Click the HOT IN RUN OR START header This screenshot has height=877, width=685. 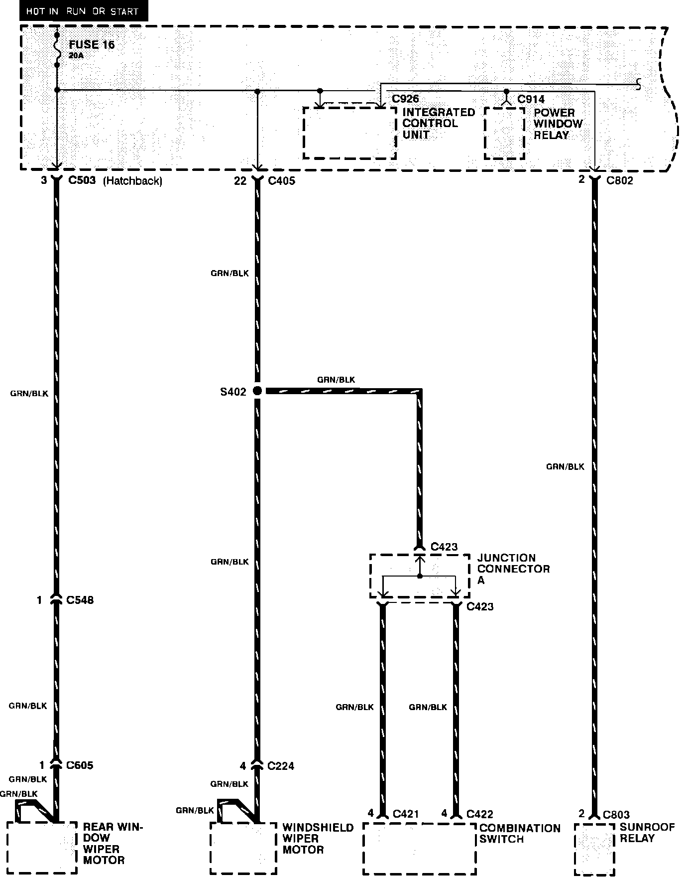83,11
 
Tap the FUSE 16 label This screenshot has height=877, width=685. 92,44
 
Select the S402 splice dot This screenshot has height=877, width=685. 257,391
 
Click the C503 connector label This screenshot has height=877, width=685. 82,180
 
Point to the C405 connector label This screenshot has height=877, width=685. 281,181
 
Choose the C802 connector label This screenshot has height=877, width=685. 620,180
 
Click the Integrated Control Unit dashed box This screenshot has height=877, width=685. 349,133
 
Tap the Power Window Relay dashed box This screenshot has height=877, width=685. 504,134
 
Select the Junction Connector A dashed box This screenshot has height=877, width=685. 419,576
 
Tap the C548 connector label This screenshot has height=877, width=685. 80,600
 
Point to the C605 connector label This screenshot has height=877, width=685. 80,765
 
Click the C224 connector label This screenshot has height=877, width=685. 280,765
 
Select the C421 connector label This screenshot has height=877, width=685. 406,814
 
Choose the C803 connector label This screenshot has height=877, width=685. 616,814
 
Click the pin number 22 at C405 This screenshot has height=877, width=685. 240,181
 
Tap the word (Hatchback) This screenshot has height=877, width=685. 132,181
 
